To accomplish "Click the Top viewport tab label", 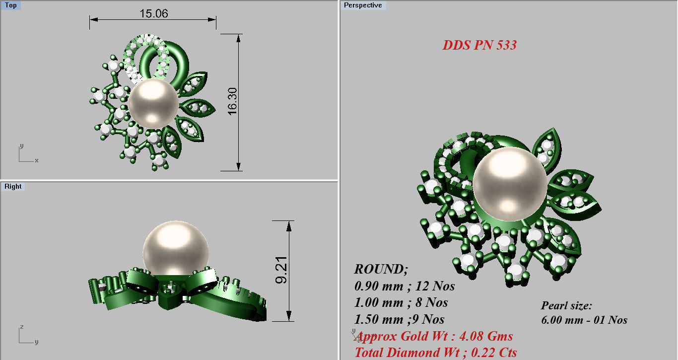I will (x=10, y=5).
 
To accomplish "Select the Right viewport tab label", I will (x=13, y=187).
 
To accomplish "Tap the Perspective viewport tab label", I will (x=363, y=5).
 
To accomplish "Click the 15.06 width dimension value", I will (x=153, y=13).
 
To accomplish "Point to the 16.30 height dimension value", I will (x=232, y=102).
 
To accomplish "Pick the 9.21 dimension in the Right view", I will (x=281, y=271).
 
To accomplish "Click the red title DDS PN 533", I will (x=479, y=45).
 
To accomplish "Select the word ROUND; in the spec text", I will (x=381, y=270).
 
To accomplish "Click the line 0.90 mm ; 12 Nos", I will (x=405, y=286).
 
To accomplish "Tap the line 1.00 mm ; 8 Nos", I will (x=401, y=302).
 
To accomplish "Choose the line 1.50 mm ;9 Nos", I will (x=399, y=319).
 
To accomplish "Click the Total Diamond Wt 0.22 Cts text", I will (x=435, y=353).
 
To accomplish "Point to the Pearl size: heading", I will (x=566, y=306).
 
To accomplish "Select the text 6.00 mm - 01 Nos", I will (x=584, y=320).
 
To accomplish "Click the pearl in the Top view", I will (x=153, y=103).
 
